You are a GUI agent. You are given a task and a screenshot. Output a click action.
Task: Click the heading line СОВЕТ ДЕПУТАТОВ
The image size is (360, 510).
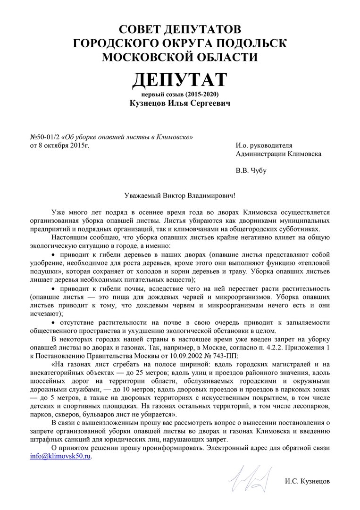180,29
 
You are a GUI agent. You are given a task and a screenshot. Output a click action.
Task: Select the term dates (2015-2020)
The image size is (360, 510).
201,94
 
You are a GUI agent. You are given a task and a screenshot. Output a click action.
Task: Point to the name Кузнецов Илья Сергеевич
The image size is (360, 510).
180,103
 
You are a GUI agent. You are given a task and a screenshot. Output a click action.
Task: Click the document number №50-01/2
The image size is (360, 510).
45,137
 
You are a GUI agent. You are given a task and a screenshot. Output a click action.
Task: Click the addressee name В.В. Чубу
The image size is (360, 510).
251,170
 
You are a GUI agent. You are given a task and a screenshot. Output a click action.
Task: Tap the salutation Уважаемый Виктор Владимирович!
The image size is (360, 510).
180,195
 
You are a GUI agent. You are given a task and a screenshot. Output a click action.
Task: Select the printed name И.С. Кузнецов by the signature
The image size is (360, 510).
307,481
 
